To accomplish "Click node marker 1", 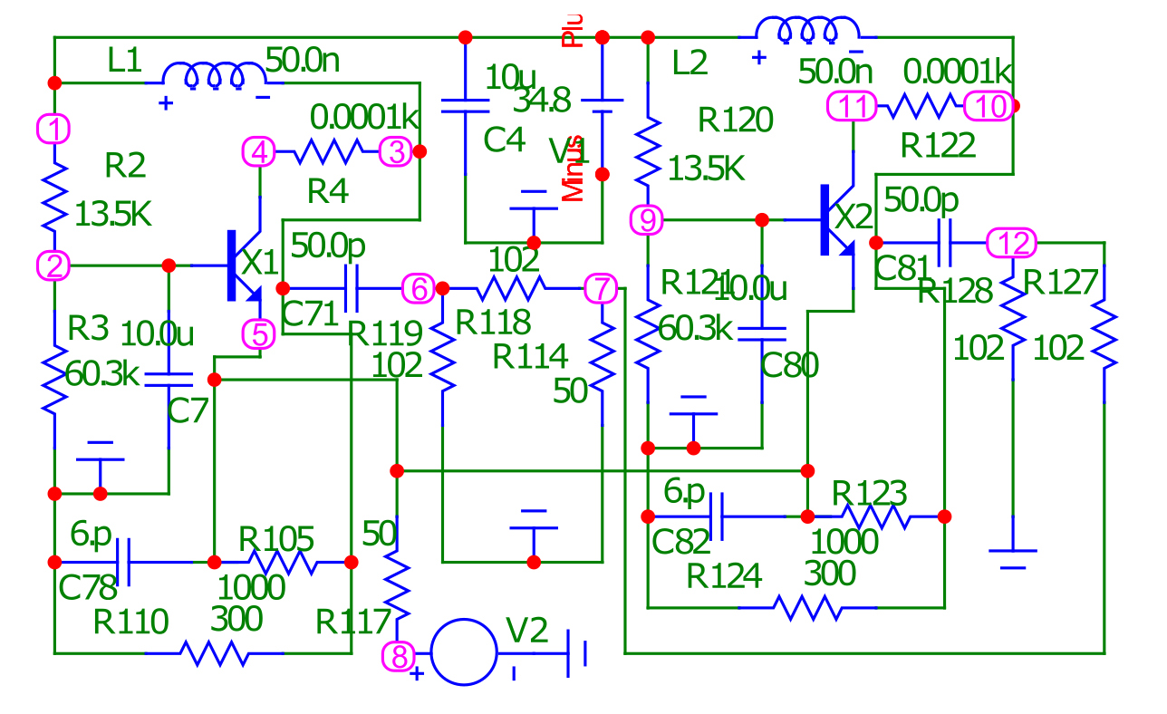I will [54, 130].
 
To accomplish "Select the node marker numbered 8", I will [399, 653].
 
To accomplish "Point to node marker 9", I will [647, 219].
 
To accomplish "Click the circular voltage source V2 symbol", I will [464, 651].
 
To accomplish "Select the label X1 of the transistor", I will [261, 264].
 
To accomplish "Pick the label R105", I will [276, 540].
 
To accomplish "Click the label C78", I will [88, 589].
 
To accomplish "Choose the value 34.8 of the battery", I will [542, 101].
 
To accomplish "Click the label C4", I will [505, 140].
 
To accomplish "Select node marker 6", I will [418, 289].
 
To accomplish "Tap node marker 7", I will [600, 289].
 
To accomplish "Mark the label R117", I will [354, 622].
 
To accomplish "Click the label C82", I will [681, 542].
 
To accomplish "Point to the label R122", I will [938, 145].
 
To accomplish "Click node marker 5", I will [260, 334].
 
